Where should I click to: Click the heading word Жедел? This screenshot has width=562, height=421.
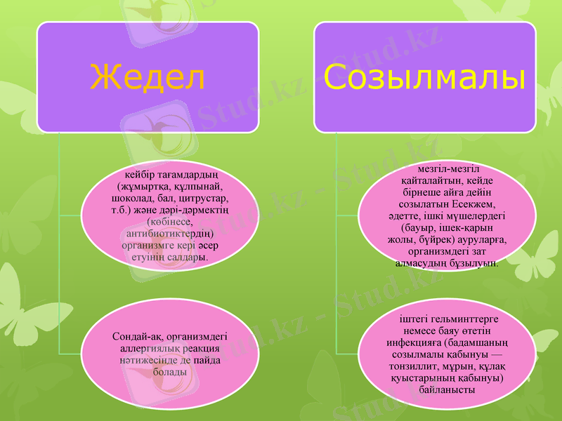tap(148, 77)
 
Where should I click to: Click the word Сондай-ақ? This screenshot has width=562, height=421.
tap(136, 336)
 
